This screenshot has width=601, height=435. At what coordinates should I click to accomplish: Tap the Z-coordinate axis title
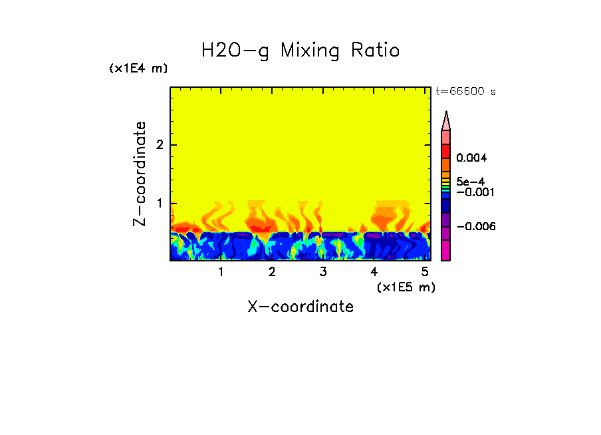[140, 174]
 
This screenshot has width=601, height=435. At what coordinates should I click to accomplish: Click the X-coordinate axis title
[300, 307]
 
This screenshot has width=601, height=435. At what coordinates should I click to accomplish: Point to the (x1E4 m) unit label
[138, 69]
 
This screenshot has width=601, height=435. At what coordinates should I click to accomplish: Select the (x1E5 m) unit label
[406, 287]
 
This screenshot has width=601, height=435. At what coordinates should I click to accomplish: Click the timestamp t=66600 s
[465, 92]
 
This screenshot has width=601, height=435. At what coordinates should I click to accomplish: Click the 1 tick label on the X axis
[221, 272]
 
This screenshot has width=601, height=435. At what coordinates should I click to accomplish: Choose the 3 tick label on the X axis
[322, 272]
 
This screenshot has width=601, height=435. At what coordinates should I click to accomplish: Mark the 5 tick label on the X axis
[424, 272]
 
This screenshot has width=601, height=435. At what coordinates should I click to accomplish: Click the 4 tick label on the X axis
[374, 272]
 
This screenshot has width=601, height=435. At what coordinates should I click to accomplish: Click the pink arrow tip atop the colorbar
[446, 120]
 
